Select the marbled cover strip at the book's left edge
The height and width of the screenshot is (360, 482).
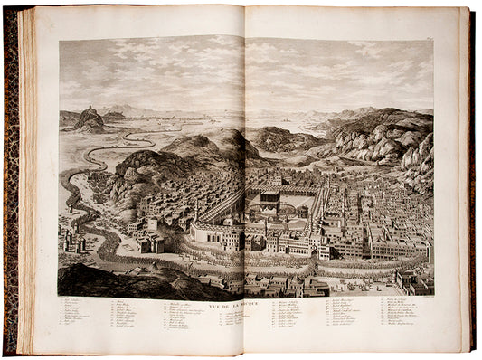click(11, 181)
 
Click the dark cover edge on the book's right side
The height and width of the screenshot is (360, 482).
click(471, 181)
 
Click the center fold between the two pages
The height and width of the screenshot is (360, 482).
click(244, 181)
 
